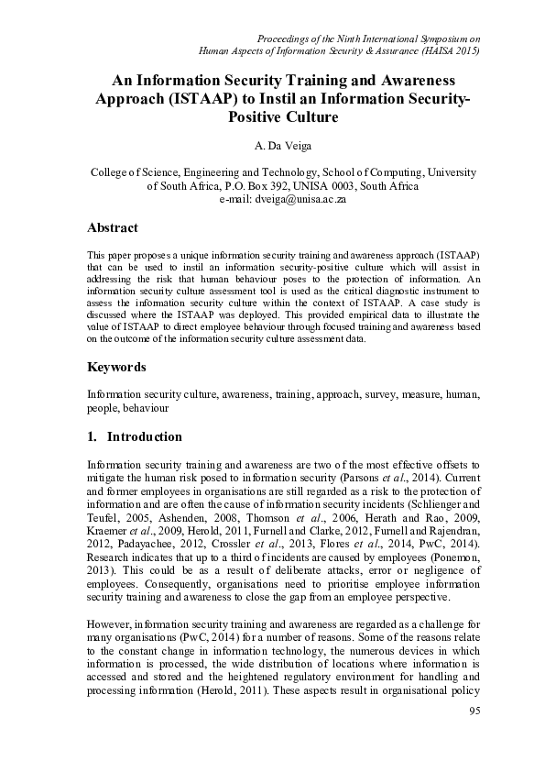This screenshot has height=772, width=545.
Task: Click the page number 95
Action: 474,711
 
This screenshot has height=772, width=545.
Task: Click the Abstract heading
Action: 112,227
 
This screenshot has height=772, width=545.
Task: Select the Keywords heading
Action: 116,368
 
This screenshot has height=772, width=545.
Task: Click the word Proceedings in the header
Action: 289,38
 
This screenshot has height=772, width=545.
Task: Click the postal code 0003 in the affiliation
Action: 346,185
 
